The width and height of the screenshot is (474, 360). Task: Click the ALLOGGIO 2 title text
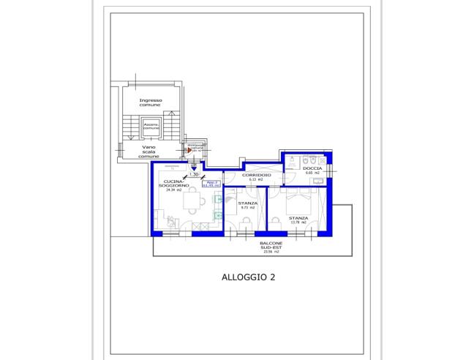(x=248, y=277)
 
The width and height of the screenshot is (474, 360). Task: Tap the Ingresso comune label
(x=151, y=102)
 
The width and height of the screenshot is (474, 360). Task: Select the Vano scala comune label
(x=148, y=151)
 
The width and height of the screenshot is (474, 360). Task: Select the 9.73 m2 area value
(x=247, y=208)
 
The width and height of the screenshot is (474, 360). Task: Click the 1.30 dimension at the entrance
(x=194, y=174)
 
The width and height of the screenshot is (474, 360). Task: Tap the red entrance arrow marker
(x=189, y=151)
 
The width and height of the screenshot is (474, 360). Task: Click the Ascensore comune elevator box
(x=151, y=127)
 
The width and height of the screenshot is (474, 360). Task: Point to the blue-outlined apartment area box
(x=211, y=184)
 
